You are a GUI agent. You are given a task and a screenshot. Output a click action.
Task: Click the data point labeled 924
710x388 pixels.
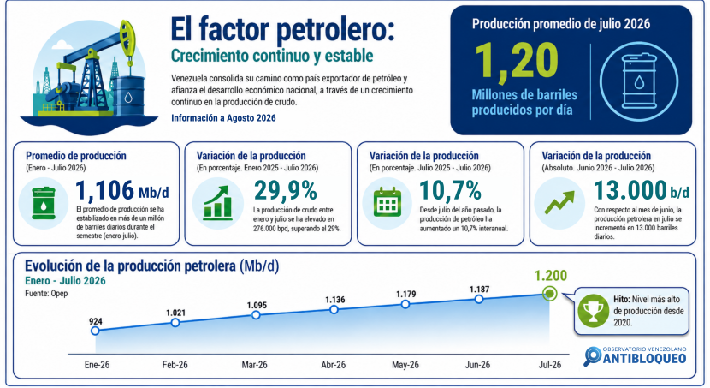click(x=95, y=331)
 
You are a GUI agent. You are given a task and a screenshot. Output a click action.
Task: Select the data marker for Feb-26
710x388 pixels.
click(x=175, y=323)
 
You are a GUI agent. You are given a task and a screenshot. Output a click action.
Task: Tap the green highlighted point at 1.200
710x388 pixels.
click(x=550, y=294)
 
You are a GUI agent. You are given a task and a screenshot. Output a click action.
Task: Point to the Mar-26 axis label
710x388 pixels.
click(x=254, y=365)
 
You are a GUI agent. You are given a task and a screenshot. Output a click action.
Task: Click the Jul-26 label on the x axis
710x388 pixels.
click(x=550, y=365)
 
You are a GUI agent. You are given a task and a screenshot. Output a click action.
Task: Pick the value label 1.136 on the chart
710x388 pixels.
click(x=335, y=300)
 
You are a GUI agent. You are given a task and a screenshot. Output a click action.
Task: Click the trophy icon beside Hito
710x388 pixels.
click(x=593, y=311)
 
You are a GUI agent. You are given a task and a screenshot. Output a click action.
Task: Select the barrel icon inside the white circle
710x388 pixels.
click(x=639, y=81)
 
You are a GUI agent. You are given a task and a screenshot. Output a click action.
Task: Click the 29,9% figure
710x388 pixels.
click(x=285, y=190)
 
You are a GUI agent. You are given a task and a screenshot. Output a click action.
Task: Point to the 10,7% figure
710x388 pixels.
click(x=450, y=190)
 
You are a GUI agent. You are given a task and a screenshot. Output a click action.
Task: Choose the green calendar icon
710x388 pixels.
click(x=388, y=202)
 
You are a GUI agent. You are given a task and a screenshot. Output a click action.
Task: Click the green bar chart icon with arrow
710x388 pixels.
click(x=217, y=203)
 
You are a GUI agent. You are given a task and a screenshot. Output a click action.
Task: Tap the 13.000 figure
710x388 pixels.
click(x=630, y=190)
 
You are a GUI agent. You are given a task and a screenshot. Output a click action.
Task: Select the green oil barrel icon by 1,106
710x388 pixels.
click(x=44, y=203)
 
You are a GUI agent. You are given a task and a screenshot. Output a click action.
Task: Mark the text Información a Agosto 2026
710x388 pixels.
click(x=223, y=118)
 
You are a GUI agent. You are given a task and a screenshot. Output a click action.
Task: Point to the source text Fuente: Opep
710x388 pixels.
click(x=46, y=293)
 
